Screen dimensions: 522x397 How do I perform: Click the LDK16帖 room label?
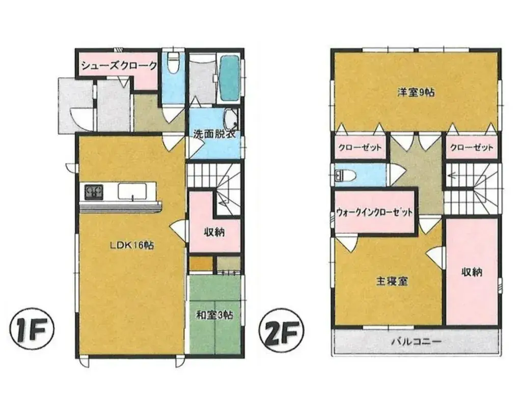pyautogui.click(x=132, y=245)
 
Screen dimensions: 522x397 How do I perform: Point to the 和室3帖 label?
pyautogui.click(x=214, y=315)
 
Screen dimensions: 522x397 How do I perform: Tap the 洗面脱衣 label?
pyautogui.click(x=215, y=135)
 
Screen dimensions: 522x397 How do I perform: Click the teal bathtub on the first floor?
pyautogui.click(x=229, y=76)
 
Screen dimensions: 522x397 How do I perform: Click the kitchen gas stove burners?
pyautogui.click(x=94, y=191)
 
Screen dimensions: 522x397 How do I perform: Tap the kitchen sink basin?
pyautogui.click(x=133, y=192)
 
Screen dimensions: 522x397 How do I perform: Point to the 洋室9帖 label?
pyautogui.click(x=416, y=92)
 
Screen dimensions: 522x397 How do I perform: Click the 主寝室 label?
pyautogui.click(x=392, y=281)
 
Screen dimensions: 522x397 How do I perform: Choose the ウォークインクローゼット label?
pyautogui.click(x=374, y=212)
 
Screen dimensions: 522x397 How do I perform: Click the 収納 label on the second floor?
pyautogui.click(x=472, y=272)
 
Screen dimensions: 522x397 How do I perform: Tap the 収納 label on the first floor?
pyautogui.click(x=214, y=232)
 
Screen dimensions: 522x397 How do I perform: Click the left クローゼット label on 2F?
pyautogui.click(x=360, y=147)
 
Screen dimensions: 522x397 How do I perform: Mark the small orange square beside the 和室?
pyautogui.click(x=201, y=264)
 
